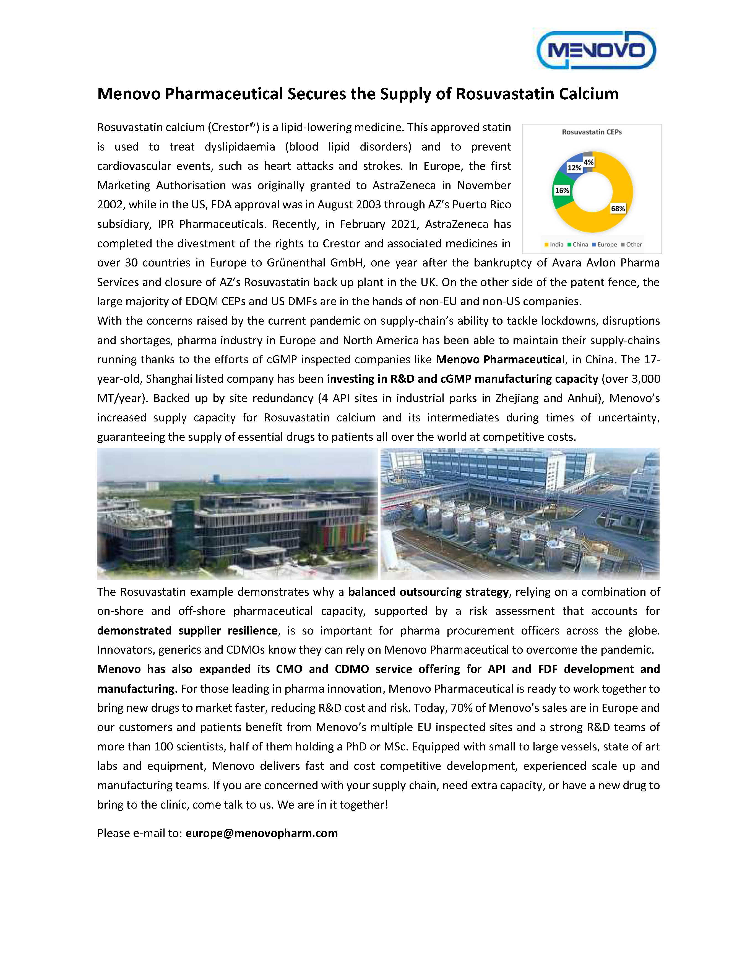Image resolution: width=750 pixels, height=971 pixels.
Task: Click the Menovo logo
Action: coord(596,50)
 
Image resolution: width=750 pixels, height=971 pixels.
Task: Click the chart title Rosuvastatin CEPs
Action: coord(591,132)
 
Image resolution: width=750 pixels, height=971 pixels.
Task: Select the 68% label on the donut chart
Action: coord(618,209)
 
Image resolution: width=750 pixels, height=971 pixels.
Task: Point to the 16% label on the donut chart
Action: coord(562,190)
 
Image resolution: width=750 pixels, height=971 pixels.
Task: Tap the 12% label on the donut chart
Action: coord(574,168)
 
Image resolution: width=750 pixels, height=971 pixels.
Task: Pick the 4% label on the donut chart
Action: coord(589,162)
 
